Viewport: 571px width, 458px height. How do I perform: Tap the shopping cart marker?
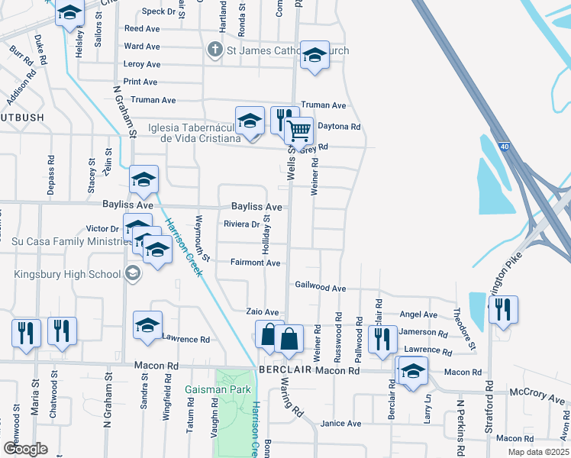point(299,131)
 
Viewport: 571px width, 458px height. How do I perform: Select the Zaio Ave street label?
point(262,312)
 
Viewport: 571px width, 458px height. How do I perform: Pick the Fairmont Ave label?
point(256,263)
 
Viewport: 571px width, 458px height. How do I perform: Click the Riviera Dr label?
point(241,224)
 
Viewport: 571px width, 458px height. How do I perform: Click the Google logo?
point(25,449)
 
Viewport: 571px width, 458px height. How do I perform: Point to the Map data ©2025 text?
point(538,452)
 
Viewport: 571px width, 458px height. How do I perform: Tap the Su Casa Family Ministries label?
point(61,241)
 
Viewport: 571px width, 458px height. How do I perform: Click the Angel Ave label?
point(418,314)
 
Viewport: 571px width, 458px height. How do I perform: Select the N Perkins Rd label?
point(460,420)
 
